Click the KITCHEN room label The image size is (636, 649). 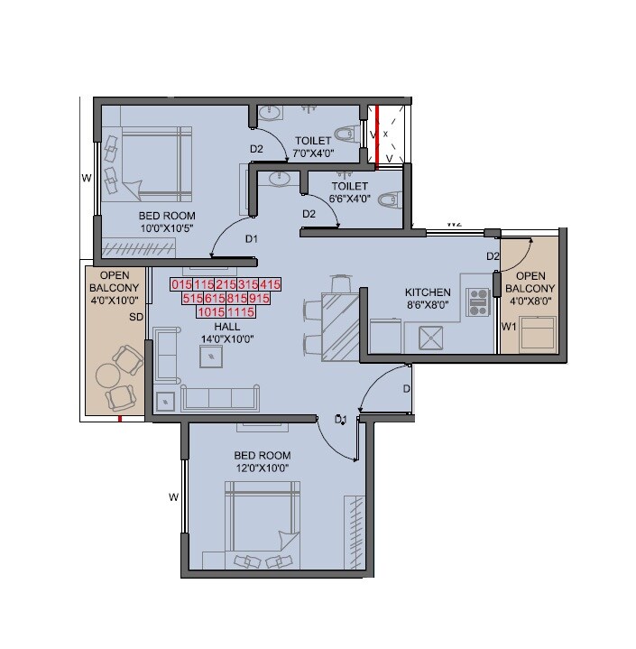428,292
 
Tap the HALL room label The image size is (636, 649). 226,326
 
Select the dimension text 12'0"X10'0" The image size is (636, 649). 262,468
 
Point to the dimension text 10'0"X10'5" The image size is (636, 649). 167,229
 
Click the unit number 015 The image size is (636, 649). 181,284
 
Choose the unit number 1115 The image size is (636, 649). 242,311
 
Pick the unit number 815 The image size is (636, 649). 237,298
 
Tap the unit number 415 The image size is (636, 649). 270,284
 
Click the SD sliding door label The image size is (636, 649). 136,318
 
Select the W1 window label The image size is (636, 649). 509,327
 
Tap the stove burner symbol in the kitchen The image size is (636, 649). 477,301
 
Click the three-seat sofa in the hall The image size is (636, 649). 220,397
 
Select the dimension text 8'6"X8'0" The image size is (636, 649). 428,305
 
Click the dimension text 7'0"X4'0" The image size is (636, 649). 313,153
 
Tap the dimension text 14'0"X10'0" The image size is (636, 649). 226,338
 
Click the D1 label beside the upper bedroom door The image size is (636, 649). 252,239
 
